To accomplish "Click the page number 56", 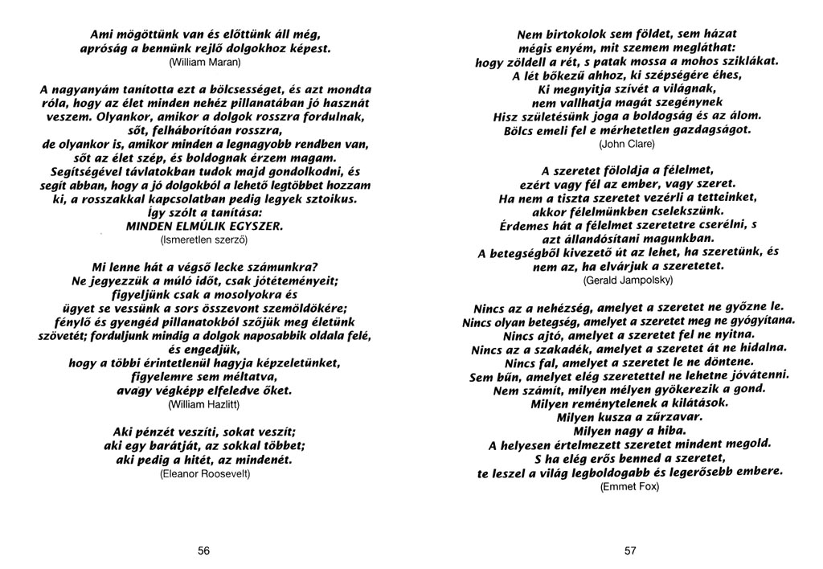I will coord(204,551).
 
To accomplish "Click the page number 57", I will coord(629,551).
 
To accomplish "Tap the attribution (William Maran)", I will coord(205,59).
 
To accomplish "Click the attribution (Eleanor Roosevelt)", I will coord(205,474).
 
